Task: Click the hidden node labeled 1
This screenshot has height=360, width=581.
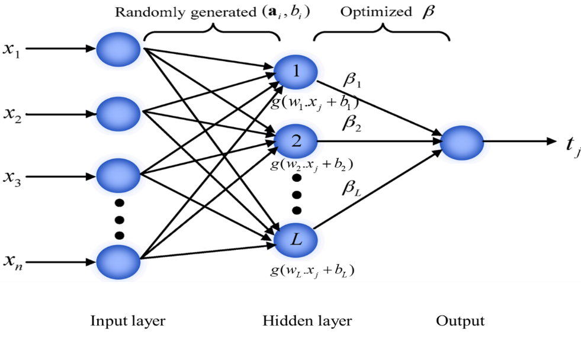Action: pyautogui.click(x=296, y=72)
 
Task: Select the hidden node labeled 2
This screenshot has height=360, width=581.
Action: pyautogui.click(x=296, y=141)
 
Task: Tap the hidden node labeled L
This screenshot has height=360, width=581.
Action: pyautogui.click(x=296, y=240)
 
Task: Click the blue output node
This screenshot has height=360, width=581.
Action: pyautogui.click(x=462, y=143)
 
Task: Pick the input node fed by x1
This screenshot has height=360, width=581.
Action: pyautogui.click(x=118, y=49)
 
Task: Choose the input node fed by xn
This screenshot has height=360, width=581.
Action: pyautogui.click(x=118, y=262)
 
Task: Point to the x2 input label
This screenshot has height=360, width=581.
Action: pyautogui.click(x=12, y=114)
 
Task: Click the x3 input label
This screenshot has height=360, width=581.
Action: pyautogui.click(x=12, y=178)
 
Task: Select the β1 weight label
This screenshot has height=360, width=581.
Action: pyautogui.click(x=352, y=79)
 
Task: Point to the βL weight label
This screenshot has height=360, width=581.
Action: pyautogui.click(x=351, y=187)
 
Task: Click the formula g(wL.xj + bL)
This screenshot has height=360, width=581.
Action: pyautogui.click(x=312, y=271)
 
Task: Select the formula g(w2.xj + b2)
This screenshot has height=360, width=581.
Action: pyautogui.click(x=312, y=164)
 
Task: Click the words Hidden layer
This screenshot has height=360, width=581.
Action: pyautogui.click(x=307, y=321)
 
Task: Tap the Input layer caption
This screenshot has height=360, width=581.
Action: pyautogui.click(x=128, y=321)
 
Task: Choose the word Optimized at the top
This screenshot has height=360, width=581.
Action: pyautogui.click(x=376, y=12)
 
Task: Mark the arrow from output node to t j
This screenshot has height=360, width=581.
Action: pyautogui.click(x=520, y=141)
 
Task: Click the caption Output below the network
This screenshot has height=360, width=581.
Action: pyautogui.click(x=460, y=321)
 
